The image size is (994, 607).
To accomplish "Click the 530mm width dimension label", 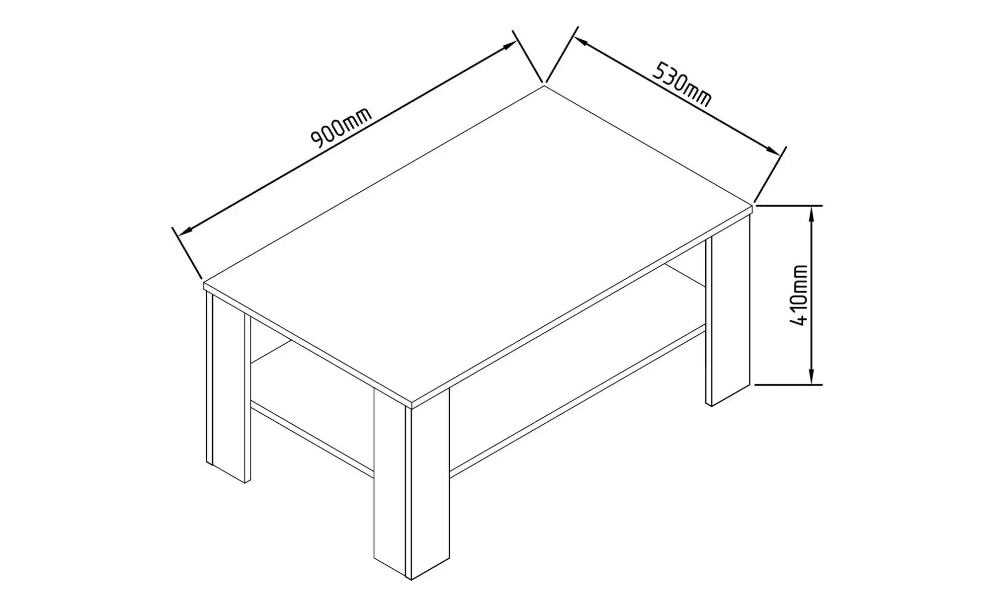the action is pyautogui.click(x=681, y=84).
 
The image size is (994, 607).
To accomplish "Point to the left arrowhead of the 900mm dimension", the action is pyautogui.click(x=185, y=231).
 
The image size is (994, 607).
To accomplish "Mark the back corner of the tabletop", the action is pyautogui.click(x=544, y=86).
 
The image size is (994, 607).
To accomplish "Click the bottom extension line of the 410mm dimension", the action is pyautogui.click(x=789, y=385).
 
